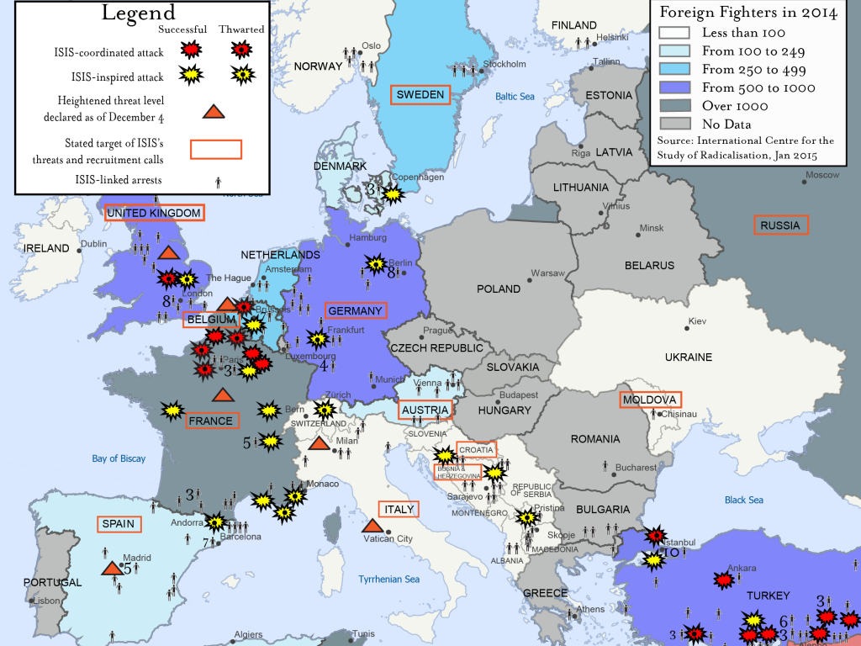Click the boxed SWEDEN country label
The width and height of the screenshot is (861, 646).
tap(420, 95)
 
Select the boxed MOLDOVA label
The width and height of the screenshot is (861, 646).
tap(650, 399)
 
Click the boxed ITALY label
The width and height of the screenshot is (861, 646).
tap(399, 509)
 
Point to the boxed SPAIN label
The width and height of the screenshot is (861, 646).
tap(118, 524)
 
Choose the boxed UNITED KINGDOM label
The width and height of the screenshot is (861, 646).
tap(154, 213)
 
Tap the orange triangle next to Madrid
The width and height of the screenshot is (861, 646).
tap(110, 569)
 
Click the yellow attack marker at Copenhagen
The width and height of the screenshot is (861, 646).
tap(393, 194)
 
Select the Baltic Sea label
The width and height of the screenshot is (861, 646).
tap(515, 97)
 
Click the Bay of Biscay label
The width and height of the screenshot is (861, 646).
tap(119, 458)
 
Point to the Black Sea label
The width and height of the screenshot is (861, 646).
tap(744, 500)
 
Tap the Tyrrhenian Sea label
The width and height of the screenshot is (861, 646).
tap(388, 580)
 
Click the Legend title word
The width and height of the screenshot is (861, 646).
tap(139, 13)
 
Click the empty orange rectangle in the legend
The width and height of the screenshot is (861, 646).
tap(216, 150)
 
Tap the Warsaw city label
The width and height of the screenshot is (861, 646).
tap(547, 273)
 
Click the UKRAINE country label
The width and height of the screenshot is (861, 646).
tap(688, 357)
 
